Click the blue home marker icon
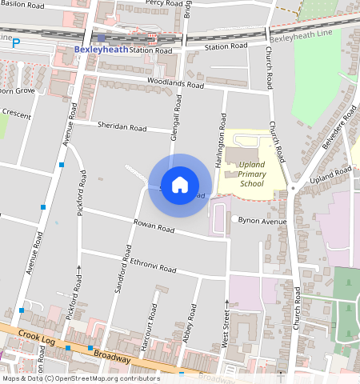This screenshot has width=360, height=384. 180,185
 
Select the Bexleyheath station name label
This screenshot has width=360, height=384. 100,49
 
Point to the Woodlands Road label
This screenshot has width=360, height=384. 174,82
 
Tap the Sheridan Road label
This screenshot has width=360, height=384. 122,127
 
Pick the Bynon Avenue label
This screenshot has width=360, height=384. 263,220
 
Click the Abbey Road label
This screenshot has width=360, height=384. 192,323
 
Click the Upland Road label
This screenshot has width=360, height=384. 330,176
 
